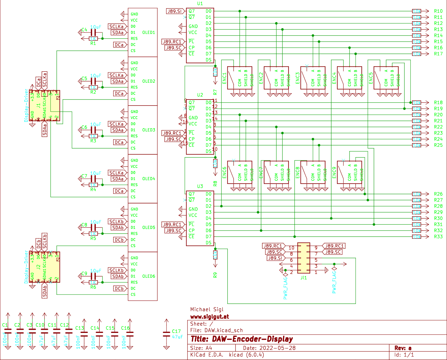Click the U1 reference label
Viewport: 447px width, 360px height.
coord(200,4)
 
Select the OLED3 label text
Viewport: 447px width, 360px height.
coord(148,130)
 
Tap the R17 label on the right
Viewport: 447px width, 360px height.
coord(438,54)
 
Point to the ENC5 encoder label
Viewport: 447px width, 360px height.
coord(371,78)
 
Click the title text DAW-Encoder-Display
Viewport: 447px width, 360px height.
coord(241,339)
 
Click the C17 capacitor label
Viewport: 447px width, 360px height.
coord(176,331)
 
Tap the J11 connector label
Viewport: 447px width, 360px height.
coord(303,277)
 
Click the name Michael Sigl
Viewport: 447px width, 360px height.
coord(207,309)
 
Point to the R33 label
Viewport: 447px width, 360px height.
coord(438,237)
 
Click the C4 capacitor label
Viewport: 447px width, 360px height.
coord(84,30)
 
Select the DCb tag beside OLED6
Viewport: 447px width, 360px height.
coord(119,289)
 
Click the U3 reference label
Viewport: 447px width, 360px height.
coord(200,186)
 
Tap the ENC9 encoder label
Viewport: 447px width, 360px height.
coord(334,172)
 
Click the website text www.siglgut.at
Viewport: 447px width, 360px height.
coord(210,317)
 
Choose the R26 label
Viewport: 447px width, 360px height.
coord(438,194)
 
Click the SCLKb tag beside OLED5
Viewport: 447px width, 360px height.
coord(116,221)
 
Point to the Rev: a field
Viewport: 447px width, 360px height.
coord(403,348)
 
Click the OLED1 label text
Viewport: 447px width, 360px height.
coord(148,32)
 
